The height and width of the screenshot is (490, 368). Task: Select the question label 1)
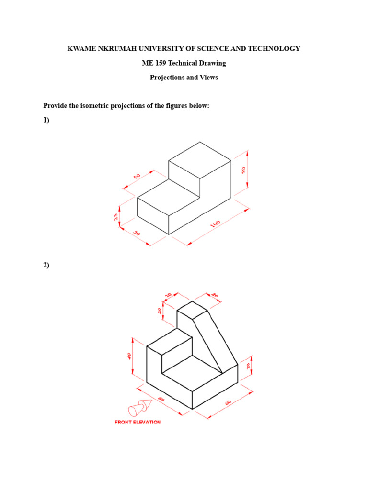46,120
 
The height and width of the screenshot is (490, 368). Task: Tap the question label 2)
46,265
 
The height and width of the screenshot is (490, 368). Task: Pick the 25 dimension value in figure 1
116,217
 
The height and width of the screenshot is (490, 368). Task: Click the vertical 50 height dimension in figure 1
243,170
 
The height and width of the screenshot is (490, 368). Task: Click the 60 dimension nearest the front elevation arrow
161,399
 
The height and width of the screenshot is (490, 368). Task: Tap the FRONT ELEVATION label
138,422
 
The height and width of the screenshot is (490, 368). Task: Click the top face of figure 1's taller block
200,160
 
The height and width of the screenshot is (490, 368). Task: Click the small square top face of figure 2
192,310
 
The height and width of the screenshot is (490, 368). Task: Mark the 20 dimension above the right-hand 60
248,366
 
